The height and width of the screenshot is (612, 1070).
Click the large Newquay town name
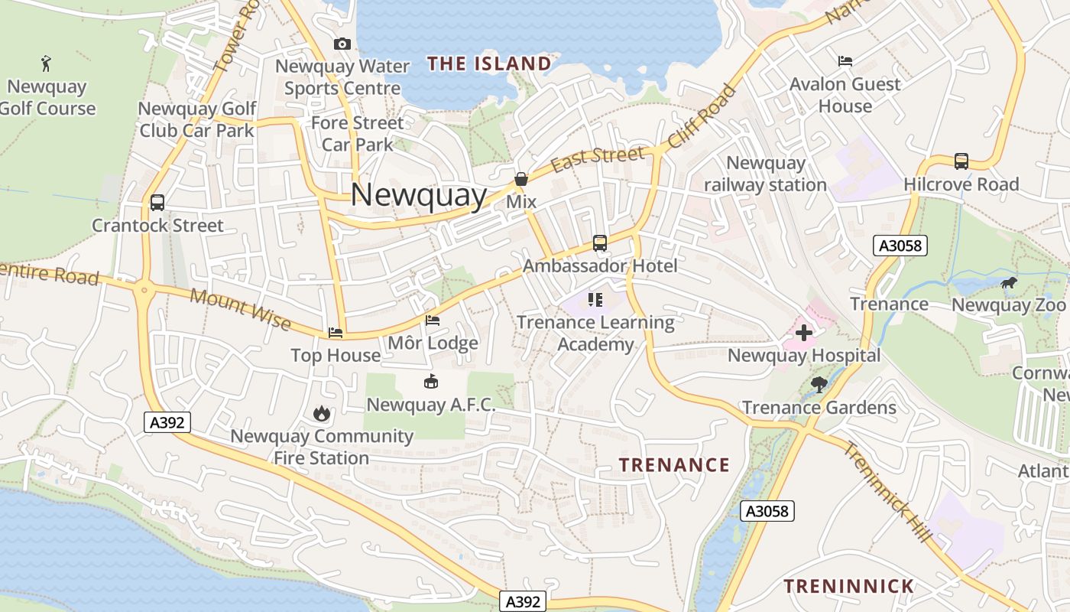point(418,195)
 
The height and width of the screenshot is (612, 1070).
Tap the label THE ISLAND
point(489,63)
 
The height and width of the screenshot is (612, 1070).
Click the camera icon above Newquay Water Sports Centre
point(342,44)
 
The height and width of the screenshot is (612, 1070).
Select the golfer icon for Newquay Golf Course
point(47,63)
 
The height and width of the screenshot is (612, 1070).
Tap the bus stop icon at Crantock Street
point(157,203)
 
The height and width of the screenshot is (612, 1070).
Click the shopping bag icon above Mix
point(521,179)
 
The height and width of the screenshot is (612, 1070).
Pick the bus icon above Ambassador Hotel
point(600,243)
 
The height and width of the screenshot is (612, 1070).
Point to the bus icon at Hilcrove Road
point(961,161)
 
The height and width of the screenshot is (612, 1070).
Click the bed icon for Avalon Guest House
point(845,60)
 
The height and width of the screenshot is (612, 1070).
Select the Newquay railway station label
point(765,174)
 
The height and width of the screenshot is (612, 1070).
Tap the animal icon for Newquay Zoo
point(1009,283)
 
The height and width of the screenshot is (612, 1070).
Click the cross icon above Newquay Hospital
point(803,333)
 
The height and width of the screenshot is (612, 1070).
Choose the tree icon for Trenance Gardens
point(819,384)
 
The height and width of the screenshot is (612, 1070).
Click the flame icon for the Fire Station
point(322,413)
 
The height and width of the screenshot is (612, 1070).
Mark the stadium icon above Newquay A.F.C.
point(431,381)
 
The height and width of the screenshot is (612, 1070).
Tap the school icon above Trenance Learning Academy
point(595,299)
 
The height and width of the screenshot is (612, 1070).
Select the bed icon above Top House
point(336,333)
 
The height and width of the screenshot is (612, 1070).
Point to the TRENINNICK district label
point(848,587)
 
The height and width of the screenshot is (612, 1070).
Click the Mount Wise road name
point(240,308)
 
